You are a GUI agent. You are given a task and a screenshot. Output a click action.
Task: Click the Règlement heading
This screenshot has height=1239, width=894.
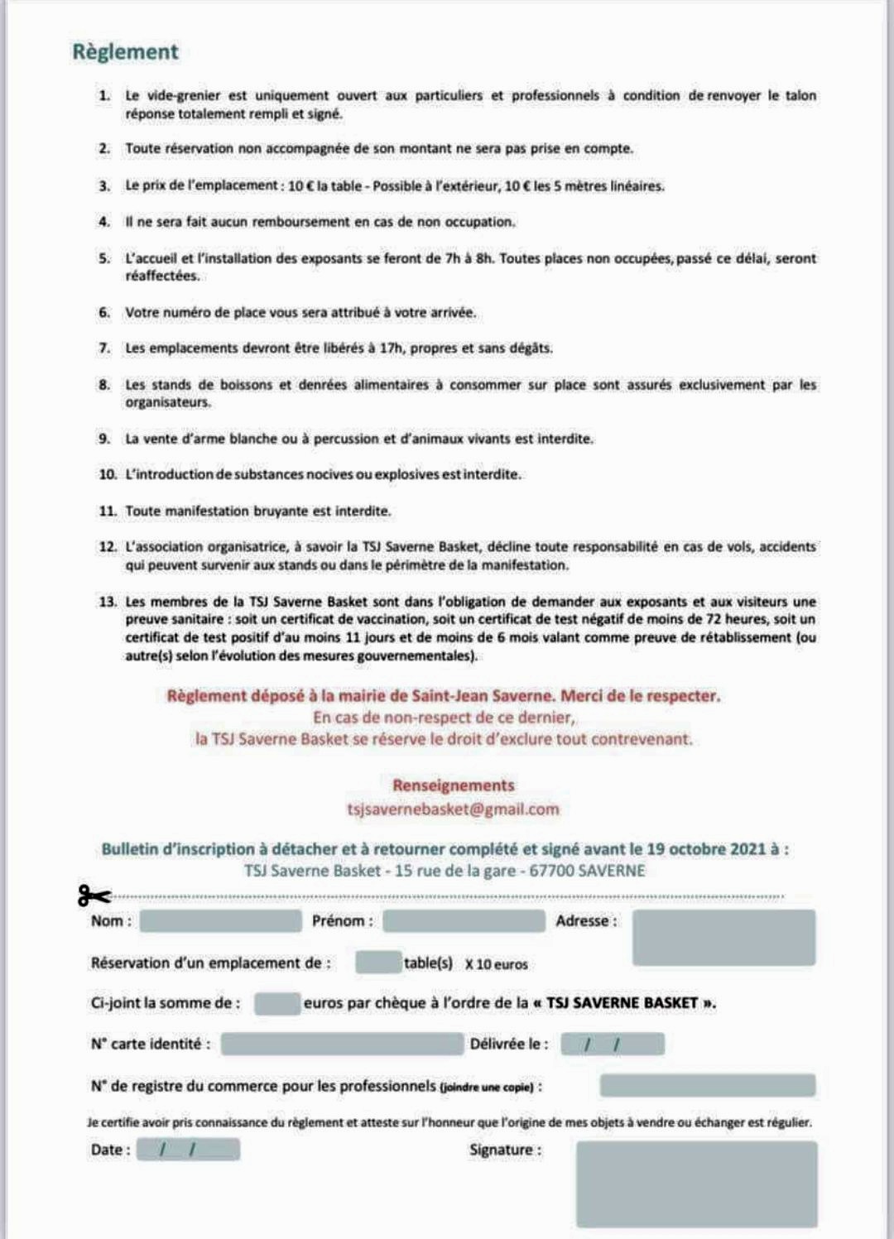(x=125, y=51)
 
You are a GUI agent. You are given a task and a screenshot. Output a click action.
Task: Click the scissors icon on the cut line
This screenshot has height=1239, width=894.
(x=94, y=896)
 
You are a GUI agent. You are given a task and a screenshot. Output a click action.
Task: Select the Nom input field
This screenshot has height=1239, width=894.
(x=220, y=921)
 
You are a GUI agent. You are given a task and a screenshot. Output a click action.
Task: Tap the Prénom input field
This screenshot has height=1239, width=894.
(x=464, y=921)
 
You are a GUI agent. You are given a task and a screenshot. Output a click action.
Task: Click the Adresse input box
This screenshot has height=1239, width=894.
(x=723, y=938)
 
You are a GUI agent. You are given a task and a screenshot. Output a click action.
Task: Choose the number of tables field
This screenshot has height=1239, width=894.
(x=377, y=963)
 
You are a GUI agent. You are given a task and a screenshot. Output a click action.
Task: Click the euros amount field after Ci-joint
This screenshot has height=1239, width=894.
(x=277, y=1003)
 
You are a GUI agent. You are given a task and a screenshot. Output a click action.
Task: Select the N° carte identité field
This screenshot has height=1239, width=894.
(x=342, y=1045)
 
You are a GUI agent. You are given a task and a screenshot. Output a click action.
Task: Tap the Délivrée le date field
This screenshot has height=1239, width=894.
(x=613, y=1045)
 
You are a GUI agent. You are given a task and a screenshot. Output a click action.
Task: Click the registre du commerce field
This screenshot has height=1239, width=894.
(x=708, y=1085)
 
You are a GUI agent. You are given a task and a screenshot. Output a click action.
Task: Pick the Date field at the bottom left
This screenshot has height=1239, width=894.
(x=188, y=1150)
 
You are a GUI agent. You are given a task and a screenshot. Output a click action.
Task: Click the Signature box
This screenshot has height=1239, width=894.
(x=696, y=1184)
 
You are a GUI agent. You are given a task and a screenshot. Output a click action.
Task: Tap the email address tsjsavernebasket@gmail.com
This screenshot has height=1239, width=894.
(x=453, y=809)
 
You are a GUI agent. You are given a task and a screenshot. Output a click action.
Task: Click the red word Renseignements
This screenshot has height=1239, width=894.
(x=453, y=785)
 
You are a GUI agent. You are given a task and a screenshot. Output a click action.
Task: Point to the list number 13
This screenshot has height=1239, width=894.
(x=108, y=602)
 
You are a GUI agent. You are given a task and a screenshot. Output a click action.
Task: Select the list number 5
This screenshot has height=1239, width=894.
(x=104, y=258)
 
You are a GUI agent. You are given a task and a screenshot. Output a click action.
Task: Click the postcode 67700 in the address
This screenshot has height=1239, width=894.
(x=550, y=871)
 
